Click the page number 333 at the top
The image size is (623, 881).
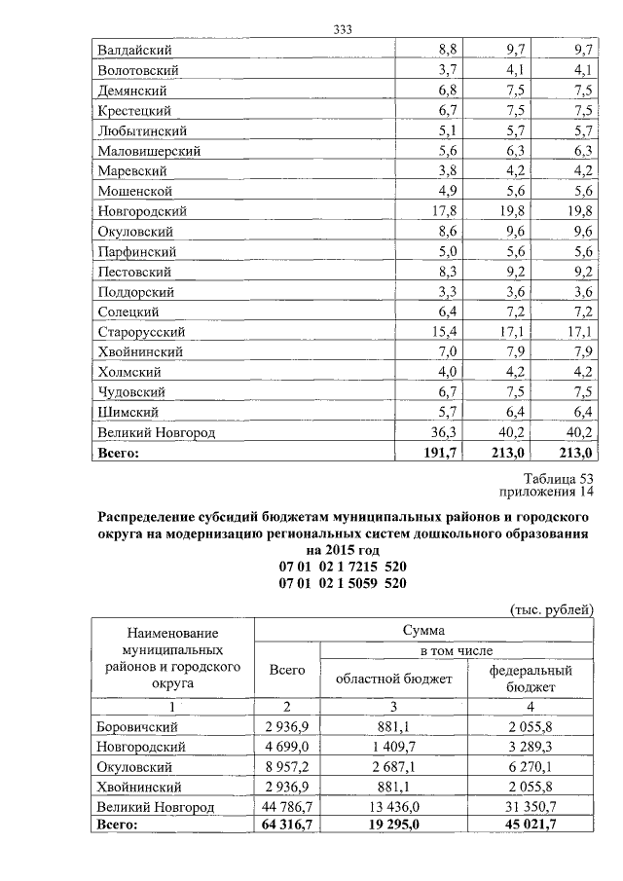tap(342, 29)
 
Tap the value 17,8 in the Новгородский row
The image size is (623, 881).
tap(444, 210)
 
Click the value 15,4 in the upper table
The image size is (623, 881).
tap(444, 332)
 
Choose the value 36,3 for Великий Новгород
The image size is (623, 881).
tap(444, 433)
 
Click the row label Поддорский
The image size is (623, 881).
tap(135, 291)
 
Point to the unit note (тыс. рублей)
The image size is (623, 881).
tap(551, 609)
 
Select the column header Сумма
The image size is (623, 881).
tap(423, 631)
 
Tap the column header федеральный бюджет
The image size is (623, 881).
tap(531, 679)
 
